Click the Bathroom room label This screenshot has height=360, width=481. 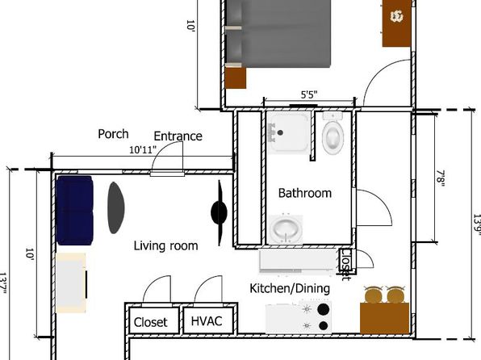coord(305,193)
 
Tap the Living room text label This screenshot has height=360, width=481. coord(166,246)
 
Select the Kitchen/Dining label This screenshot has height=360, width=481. coord(290,288)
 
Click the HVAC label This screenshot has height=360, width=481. coord(207,321)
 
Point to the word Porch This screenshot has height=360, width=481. coord(113,134)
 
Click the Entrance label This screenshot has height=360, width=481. coord(178,136)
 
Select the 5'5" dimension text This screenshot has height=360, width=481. coord(309,94)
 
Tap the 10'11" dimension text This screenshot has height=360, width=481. coord(143,150)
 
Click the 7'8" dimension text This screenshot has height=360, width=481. coord(441,178)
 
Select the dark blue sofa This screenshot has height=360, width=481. coord(74,210)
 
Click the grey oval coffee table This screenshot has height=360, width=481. coord(116,207)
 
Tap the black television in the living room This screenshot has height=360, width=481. coord(219,212)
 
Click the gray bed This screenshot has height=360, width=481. coord(278,34)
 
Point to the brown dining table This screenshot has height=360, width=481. coord(384,318)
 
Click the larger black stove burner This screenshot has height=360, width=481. coord(323,309)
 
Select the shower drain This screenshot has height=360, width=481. coord(280,132)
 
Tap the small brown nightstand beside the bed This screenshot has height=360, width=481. coord(236,78)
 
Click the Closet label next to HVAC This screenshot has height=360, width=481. coord(151,322)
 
